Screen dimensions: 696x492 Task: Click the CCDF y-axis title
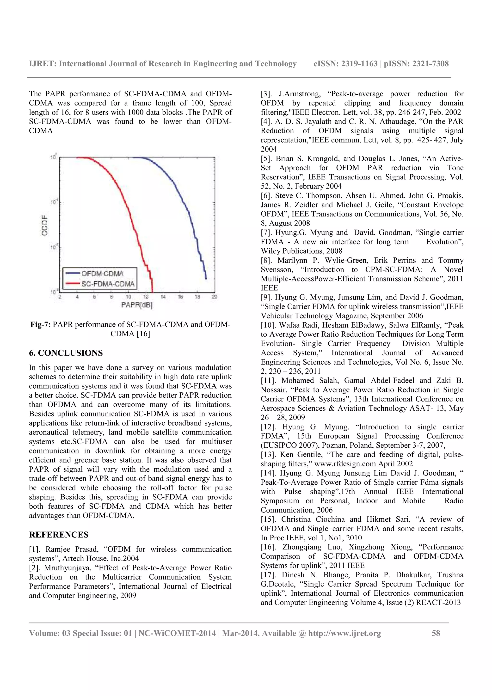click(44, 225)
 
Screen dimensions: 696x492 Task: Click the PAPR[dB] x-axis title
click(136, 305)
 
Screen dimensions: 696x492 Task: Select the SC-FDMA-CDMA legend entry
click(108, 284)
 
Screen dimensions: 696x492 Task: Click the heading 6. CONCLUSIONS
click(66, 353)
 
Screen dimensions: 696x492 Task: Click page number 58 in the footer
click(436, 633)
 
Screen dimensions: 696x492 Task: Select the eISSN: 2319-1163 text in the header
click(345, 64)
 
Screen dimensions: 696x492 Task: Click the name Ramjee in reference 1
click(58, 549)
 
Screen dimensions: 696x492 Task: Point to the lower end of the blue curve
click(206, 279)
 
